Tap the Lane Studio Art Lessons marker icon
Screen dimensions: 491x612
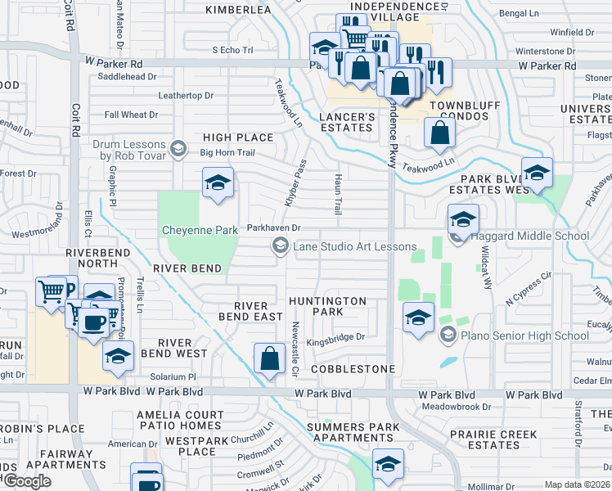pyautogui.click(x=281, y=246)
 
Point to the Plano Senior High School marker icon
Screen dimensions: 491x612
pyautogui.click(x=448, y=335)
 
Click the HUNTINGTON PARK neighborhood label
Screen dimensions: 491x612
pyautogui.click(x=327, y=307)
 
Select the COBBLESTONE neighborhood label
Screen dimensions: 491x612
pyautogui.click(x=353, y=369)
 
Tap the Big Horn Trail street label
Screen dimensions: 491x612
pyautogui.click(x=228, y=152)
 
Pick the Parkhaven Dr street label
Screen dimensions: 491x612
pyautogui.click(x=274, y=228)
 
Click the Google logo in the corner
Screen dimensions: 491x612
pyautogui.click(x=27, y=481)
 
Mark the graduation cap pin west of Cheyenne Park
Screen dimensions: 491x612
pyautogui.click(x=218, y=183)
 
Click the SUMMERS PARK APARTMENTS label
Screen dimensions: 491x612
pyautogui.click(x=353, y=433)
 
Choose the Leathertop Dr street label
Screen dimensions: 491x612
pyautogui.click(x=186, y=96)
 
